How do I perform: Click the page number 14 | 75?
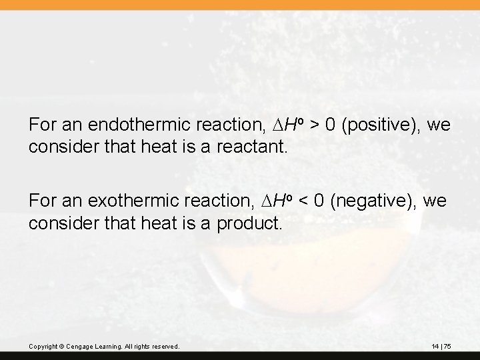pyautogui.click(x=441, y=347)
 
